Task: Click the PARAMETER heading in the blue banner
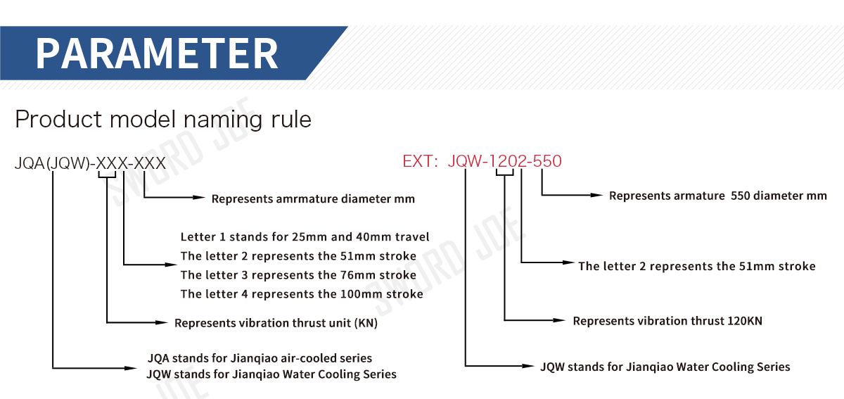pyautogui.click(x=157, y=53)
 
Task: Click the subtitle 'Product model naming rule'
pyautogui.click(x=163, y=119)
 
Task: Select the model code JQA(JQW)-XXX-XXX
pyautogui.click(x=90, y=164)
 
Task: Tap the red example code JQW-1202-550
pyautogui.click(x=504, y=161)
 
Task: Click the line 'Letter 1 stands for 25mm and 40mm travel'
pyautogui.click(x=305, y=236)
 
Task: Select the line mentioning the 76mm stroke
pyautogui.click(x=298, y=274)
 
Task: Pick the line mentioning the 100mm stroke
pyautogui.click(x=302, y=293)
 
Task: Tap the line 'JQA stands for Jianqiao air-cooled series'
pyautogui.click(x=260, y=358)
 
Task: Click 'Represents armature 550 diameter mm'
pyautogui.click(x=717, y=196)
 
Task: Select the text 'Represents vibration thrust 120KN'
pyautogui.click(x=667, y=321)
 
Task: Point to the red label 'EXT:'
pyautogui.click(x=421, y=161)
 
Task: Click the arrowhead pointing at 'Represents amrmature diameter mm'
pyautogui.click(x=199, y=198)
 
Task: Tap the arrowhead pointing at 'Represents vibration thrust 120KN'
pyautogui.click(x=560, y=321)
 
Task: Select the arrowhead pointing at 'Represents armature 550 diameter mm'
pyautogui.click(x=597, y=195)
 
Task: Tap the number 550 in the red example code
pyautogui.click(x=547, y=161)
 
